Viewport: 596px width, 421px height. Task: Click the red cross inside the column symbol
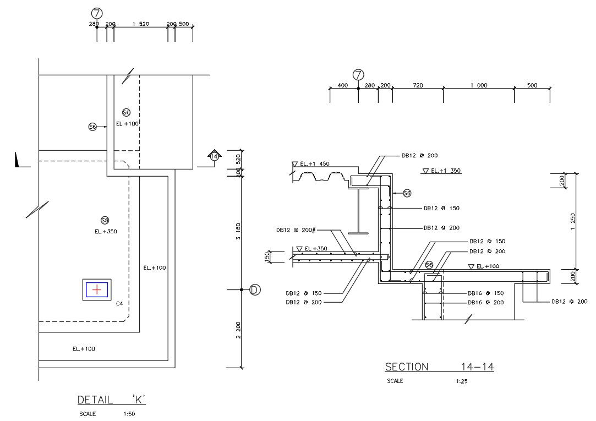coord(97,289)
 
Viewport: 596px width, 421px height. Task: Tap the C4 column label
coord(119,303)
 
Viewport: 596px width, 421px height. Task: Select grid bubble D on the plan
coord(255,289)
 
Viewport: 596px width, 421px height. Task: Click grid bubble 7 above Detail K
coord(97,13)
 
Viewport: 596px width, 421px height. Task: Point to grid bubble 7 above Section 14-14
coord(358,74)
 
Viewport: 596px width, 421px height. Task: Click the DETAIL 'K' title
coord(111,400)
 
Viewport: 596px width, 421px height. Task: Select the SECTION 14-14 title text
coord(439,367)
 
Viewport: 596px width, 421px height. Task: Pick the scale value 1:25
coord(462,381)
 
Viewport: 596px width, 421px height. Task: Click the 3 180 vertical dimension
coord(237,231)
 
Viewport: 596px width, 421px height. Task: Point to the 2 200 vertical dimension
coord(237,329)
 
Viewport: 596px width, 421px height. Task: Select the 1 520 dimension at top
coord(141,24)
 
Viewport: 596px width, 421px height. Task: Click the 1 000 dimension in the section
coord(478,85)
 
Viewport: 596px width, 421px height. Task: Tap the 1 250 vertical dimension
coord(573,220)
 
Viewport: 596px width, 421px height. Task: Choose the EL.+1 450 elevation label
coord(314,164)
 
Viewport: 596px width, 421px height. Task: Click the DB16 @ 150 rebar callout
coord(485,293)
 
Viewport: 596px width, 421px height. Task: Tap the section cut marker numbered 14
coord(215,156)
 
